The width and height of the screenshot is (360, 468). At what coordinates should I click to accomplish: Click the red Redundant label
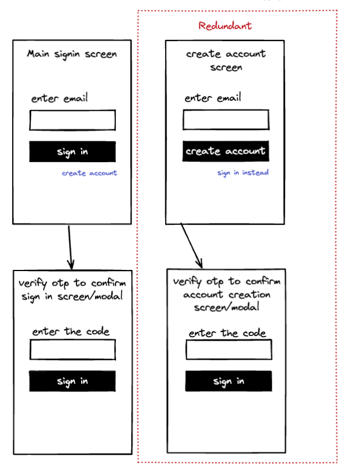click(225, 26)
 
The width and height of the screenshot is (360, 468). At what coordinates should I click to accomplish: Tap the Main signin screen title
click(72, 54)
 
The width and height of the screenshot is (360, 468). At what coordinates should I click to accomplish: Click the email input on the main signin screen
click(72, 120)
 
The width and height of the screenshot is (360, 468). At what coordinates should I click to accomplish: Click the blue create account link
click(89, 173)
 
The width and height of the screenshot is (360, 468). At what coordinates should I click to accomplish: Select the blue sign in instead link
click(243, 173)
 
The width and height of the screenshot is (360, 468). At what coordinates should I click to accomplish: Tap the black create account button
click(226, 151)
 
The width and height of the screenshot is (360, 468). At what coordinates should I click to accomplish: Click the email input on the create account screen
click(226, 120)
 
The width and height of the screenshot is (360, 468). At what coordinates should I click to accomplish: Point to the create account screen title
click(226, 60)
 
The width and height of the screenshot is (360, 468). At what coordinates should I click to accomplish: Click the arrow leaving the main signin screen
click(70, 246)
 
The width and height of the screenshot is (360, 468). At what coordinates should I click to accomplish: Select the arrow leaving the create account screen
click(191, 246)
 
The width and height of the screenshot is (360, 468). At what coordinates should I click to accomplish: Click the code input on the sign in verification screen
click(72, 349)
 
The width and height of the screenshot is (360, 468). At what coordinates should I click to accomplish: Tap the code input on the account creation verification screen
click(228, 349)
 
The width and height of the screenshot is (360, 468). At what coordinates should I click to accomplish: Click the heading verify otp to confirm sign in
click(72, 290)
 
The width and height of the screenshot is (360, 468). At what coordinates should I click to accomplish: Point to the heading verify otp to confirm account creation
click(227, 294)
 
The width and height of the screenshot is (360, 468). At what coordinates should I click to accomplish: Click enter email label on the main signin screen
click(60, 98)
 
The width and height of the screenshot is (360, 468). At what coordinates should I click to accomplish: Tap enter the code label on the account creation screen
click(227, 333)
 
